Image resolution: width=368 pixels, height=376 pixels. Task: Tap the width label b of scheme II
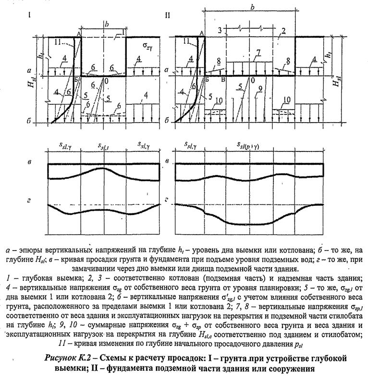pos(253,7)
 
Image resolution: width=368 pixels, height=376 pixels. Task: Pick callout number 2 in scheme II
pos(284,31)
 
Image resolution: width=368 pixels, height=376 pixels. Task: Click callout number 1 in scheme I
pos(123,32)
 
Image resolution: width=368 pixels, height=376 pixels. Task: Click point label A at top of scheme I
pos(78,33)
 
